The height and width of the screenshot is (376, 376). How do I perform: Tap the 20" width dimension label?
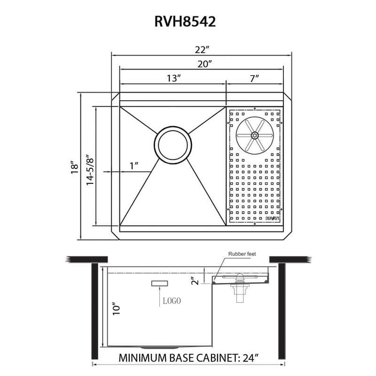point(203,63)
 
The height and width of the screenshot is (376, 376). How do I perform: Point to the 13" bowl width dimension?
point(173,78)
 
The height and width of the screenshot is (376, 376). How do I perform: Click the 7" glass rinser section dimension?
point(255,78)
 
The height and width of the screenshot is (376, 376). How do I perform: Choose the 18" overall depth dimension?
point(74,167)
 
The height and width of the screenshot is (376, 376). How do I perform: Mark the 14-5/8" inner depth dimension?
point(89,167)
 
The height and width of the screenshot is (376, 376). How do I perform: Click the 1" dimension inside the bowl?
point(134,165)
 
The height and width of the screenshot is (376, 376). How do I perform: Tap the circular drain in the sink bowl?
point(172,144)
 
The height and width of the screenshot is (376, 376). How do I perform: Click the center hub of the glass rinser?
point(254,135)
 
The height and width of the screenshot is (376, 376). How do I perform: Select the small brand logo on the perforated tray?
point(273,218)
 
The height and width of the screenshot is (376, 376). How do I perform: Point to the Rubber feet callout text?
point(242,254)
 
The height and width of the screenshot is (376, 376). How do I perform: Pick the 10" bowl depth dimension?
point(117,309)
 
